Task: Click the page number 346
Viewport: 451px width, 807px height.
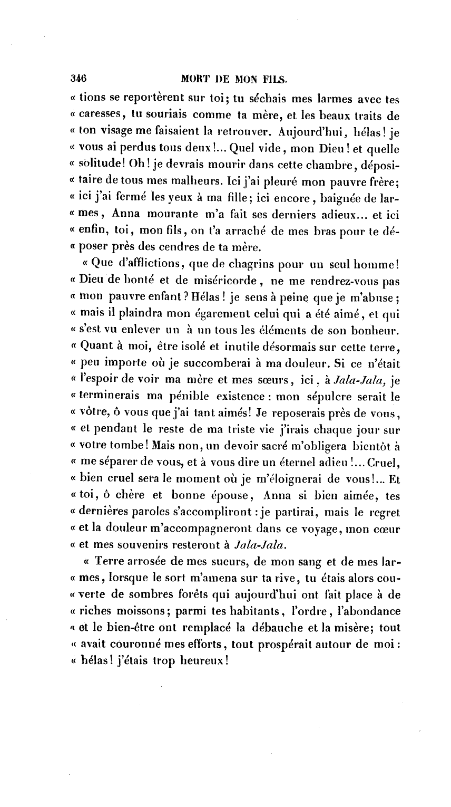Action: click(79, 79)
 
